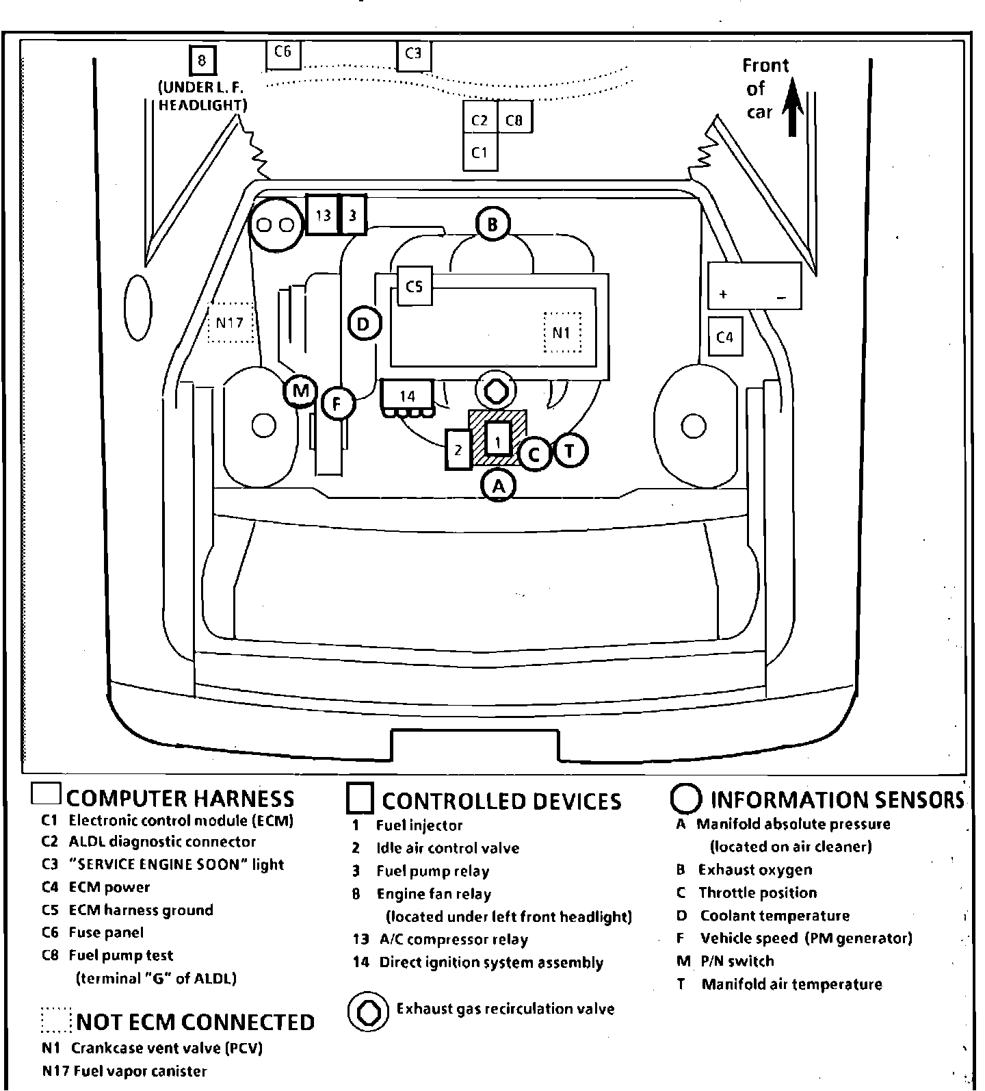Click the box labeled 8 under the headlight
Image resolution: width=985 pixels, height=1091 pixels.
point(202,60)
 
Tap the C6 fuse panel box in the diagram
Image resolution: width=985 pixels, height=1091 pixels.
point(283,53)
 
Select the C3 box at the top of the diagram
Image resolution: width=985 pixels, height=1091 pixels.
point(414,55)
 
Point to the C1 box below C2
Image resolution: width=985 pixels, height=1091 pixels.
point(480,152)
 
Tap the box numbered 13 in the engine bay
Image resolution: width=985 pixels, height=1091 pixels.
point(323,215)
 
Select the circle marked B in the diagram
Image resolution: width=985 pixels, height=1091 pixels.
point(492,224)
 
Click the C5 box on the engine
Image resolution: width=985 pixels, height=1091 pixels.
point(415,286)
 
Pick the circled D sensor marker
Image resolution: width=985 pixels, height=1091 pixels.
point(364,324)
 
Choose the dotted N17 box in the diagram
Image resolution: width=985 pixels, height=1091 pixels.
point(230,322)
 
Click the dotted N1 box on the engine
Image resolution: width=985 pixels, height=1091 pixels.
point(562,333)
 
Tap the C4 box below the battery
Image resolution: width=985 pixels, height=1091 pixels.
point(725,337)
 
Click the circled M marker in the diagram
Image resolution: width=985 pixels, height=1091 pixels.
point(300,391)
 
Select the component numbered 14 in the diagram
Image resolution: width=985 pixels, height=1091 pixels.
point(407,397)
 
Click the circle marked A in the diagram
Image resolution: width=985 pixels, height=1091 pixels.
point(499,486)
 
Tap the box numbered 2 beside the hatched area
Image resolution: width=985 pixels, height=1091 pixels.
point(458,450)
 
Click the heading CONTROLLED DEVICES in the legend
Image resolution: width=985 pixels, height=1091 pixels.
point(501,801)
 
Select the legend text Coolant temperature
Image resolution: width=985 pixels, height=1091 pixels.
point(774,916)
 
